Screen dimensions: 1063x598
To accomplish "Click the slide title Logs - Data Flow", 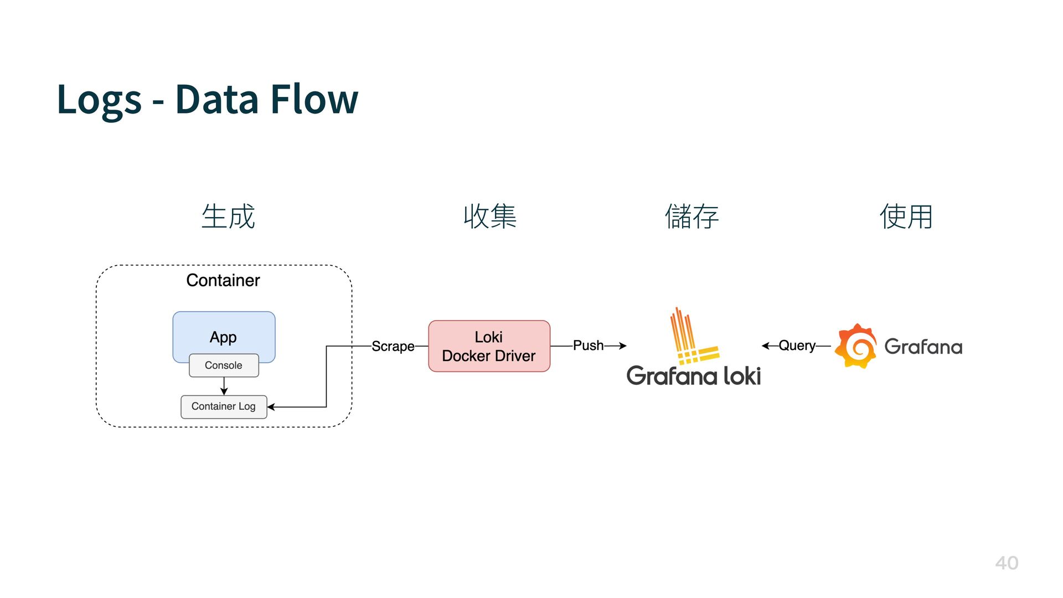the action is pyautogui.click(x=208, y=100).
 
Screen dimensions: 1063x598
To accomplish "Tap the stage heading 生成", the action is pyautogui.click(x=228, y=216).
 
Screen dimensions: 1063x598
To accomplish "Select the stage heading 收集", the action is pyautogui.click(x=490, y=216).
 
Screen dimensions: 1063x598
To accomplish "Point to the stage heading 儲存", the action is pyautogui.click(x=692, y=216).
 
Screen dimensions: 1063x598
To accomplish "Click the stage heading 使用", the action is pyautogui.click(x=906, y=216).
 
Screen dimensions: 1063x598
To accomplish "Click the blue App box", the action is pyautogui.click(x=224, y=332).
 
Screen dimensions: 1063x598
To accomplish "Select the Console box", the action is pyautogui.click(x=224, y=365).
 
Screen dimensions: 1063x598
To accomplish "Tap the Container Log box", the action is pyautogui.click(x=224, y=406).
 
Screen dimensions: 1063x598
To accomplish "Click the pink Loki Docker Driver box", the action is pyautogui.click(x=489, y=346).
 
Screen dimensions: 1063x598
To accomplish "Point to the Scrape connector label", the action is pyautogui.click(x=393, y=346).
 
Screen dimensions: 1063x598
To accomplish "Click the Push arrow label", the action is pyautogui.click(x=588, y=346).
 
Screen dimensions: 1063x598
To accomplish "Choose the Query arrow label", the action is pyautogui.click(x=797, y=346).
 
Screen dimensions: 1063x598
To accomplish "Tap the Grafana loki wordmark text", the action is pyautogui.click(x=694, y=376).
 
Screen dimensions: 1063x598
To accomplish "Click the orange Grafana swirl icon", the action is pyautogui.click(x=855, y=346).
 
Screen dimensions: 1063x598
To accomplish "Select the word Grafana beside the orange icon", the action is pyautogui.click(x=923, y=347).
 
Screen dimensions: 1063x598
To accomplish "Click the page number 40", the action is pyautogui.click(x=1007, y=563).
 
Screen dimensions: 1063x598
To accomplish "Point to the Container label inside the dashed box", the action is pyautogui.click(x=223, y=280).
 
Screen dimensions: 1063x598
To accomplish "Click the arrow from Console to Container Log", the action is pyautogui.click(x=224, y=386).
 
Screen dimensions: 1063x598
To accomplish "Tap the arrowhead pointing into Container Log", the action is pyautogui.click(x=271, y=407).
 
